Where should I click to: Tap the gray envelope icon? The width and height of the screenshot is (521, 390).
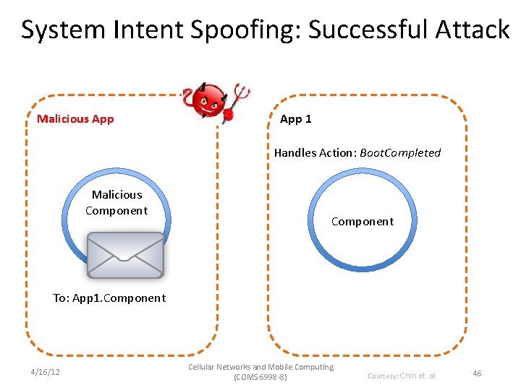click(125, 255)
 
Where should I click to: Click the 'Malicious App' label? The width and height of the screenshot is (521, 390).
click(75, 119)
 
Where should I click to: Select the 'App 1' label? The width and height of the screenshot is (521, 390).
click(296, 119)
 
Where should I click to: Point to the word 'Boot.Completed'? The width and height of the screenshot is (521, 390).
click(400, 152)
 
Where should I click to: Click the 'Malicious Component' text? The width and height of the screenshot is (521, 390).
click(117, 203)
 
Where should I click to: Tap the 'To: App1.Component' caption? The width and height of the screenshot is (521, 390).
click(109, 298)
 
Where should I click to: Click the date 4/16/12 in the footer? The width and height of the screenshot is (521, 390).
click(45, 373)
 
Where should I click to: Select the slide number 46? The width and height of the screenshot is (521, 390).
click(477, 373)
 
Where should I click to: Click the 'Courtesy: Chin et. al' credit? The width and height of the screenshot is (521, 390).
click(402, 376)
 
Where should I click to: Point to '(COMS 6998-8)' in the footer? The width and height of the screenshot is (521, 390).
click(260, 378)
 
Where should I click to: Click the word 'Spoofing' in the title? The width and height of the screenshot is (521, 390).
click(242, 30)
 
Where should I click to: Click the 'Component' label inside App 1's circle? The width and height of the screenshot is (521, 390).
click(363, 222)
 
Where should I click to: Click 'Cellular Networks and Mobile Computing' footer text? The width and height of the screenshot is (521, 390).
click(260, 367)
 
